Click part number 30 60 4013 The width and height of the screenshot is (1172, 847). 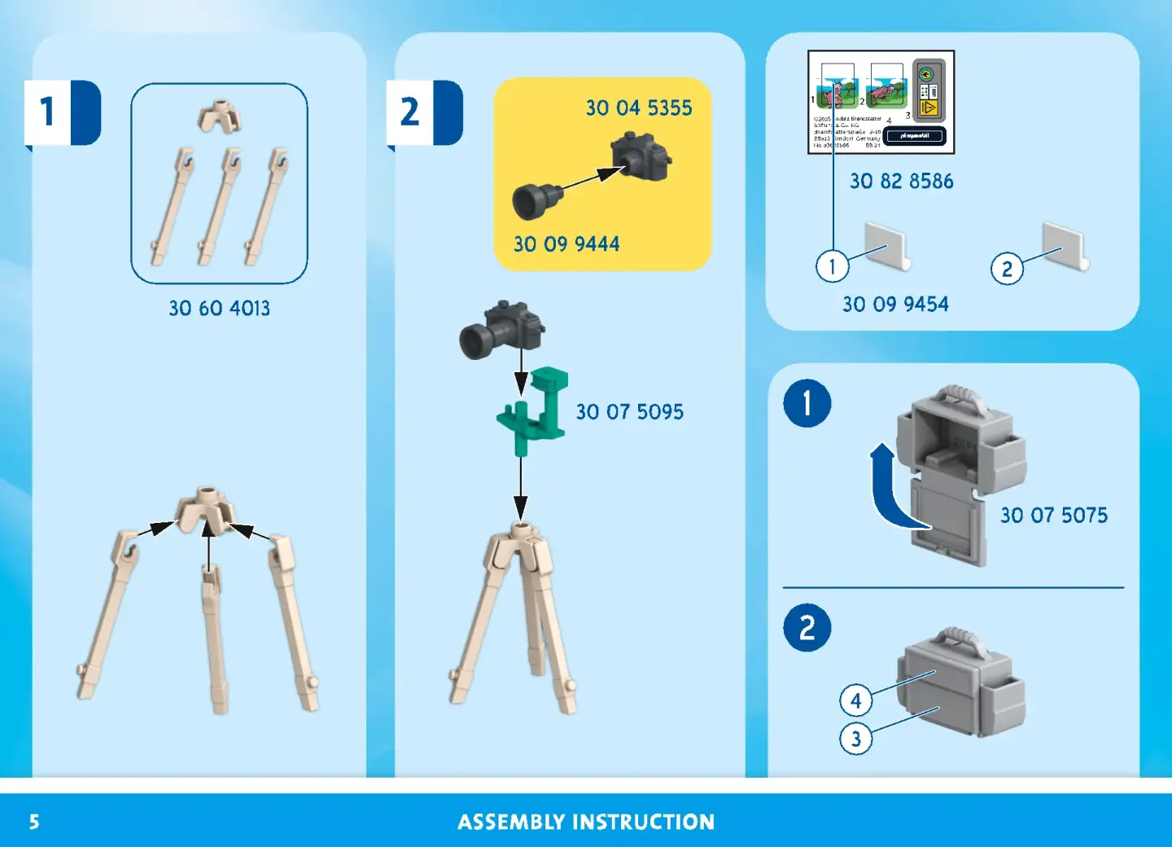click(x=219, y=309)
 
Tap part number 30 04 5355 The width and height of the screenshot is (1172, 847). click(x=639, y=108)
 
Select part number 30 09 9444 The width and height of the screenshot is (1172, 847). click(x=566, y=244)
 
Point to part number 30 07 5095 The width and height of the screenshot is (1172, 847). click(x=629, y=412)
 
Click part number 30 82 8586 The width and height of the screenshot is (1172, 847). click(x=901, y=182)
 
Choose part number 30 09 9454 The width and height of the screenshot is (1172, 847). click(x=895, y=305)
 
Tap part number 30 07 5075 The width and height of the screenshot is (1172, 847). click(x=1053, y=516)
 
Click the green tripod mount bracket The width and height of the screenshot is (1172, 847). click(x=534, y=410)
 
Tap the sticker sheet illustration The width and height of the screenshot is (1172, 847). click(x=881, y=102)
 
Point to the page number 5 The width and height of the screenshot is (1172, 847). click(x=34, y=822)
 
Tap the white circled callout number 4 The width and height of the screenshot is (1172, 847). click(x=855, y=700)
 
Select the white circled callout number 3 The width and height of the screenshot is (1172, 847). click(x=855, y=739)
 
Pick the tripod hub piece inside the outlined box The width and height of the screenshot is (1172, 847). click(x=219, y=117)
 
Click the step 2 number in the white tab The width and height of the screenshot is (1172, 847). click(x=409, y=112)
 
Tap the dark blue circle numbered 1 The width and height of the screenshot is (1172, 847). click(x=807, y=403)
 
